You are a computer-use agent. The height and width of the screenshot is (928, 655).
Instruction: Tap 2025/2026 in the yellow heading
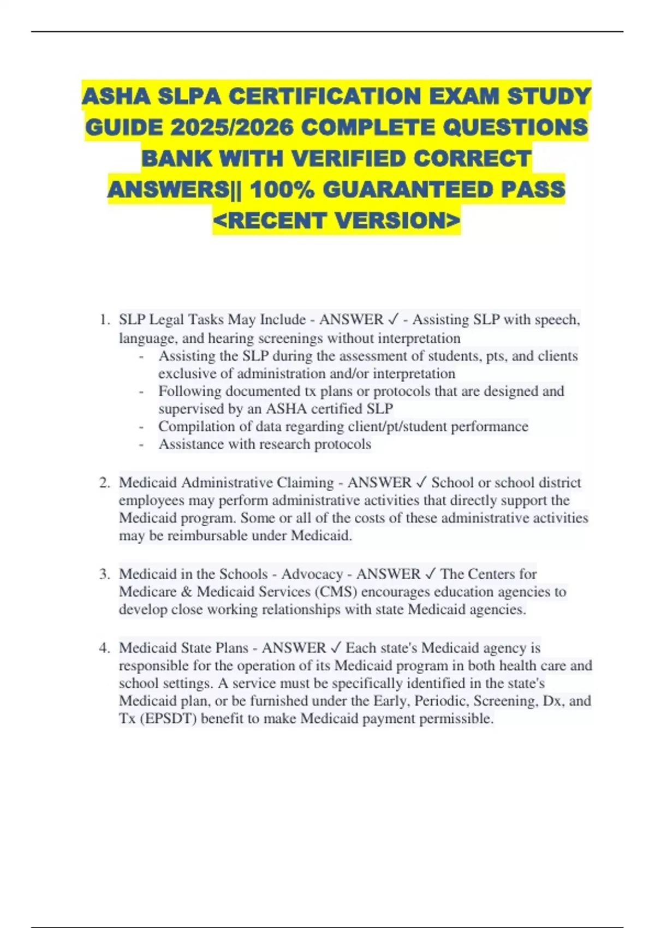pyautogui.click(x=232, y=128)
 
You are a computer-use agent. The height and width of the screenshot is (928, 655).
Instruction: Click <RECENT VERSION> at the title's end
pyautogui.click(x=337, y=221)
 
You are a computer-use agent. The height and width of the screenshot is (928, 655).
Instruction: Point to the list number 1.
pyautogui.click(x=104, y=319)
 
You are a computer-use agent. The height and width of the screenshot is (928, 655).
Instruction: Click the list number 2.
pyautogui.click(x=104, y=483)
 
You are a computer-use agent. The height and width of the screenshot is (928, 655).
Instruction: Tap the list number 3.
pyautogui.click(x=104, y=574)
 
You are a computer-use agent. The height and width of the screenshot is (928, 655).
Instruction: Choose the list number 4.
pyautogui.click(x=104, y=648)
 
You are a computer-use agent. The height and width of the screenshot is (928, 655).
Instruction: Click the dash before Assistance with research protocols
pyautogui.click(x=142, y=444)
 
